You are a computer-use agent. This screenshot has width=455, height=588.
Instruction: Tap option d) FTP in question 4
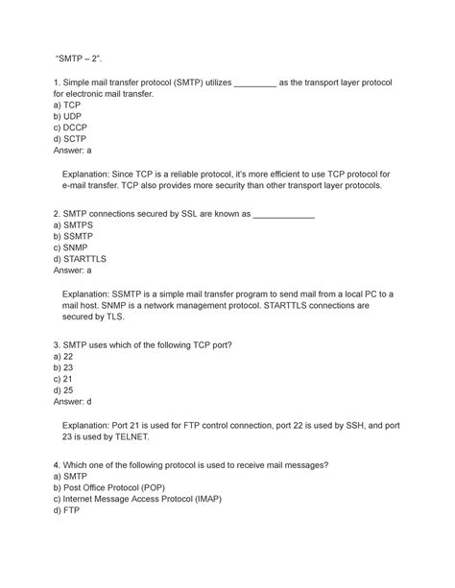tap(67, 523)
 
